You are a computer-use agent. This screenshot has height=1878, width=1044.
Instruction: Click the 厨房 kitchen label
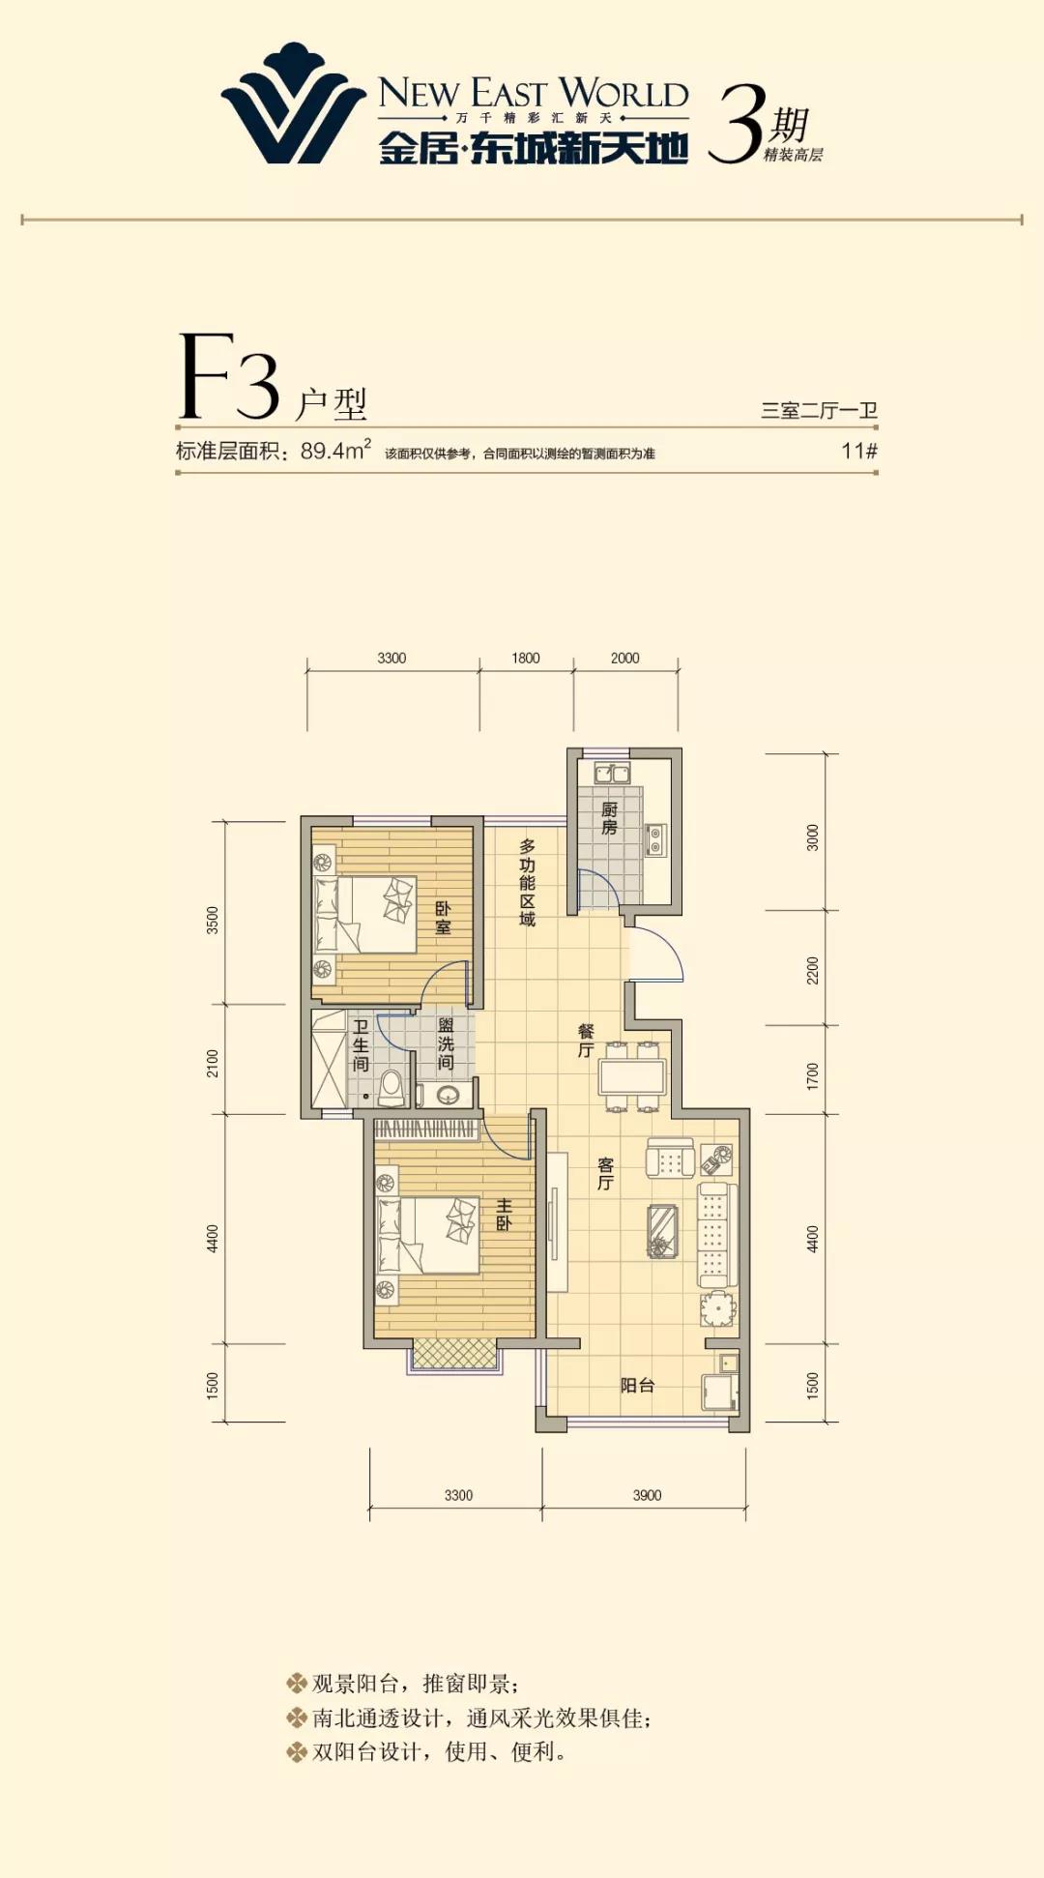609,819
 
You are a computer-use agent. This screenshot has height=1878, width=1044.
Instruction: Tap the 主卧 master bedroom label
504,1215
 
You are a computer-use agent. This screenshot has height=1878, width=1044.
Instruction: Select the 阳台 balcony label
637,1386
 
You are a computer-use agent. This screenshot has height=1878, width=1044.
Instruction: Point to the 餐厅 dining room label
586,1041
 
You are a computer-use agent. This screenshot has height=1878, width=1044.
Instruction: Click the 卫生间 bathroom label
360,1045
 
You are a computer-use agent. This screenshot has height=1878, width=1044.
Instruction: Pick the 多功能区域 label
527,882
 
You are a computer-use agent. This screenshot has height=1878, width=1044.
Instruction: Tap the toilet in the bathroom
391,1088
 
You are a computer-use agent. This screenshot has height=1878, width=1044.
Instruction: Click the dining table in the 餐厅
632,1076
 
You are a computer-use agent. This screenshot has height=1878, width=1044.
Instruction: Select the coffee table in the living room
662,1231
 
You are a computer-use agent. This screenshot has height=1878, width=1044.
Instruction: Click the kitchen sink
612,774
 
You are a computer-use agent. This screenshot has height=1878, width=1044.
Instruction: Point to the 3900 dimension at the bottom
647,1495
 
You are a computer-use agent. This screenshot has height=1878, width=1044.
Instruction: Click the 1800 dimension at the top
526,658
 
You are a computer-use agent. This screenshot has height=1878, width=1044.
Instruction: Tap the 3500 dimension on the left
213,920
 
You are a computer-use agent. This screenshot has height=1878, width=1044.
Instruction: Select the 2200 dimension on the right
812,970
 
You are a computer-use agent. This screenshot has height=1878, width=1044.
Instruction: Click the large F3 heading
229,377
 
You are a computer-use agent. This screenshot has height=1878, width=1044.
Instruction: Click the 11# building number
859,451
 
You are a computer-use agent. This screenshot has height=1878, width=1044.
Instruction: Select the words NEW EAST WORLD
534,93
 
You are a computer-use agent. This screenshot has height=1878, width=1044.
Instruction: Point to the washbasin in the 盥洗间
448,1095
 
